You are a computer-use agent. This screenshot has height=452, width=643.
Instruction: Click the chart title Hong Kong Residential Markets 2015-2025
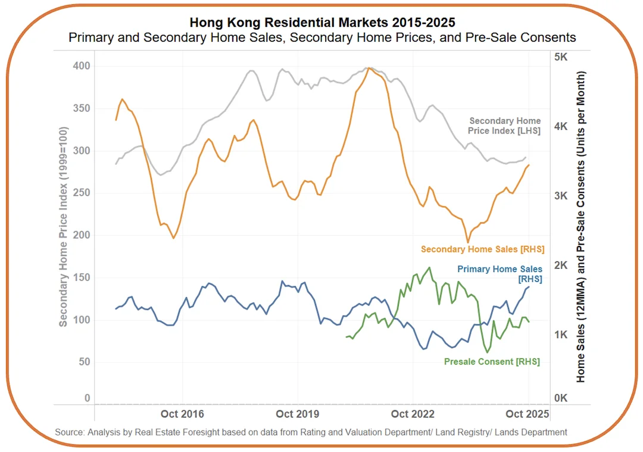point(322,22)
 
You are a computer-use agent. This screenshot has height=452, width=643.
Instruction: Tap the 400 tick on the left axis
point(81,66)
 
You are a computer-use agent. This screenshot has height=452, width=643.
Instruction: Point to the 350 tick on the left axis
point(81,108)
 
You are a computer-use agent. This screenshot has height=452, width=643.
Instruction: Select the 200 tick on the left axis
point(81,235)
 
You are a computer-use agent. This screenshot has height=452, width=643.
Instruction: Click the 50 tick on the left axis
point(84,362)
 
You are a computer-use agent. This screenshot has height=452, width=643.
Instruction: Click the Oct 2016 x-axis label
point(182,414)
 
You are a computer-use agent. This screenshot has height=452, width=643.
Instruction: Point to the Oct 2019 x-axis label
point(297,414)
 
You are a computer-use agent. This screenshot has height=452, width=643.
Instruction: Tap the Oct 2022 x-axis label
point(413,414)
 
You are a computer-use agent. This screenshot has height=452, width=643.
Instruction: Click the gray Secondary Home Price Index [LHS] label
point(505,126)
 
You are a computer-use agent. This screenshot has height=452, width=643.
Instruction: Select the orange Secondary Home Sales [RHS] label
point(482,249)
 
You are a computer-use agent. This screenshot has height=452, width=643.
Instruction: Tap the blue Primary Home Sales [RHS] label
point(500,274)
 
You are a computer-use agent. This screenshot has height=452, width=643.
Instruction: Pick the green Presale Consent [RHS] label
point(492,361)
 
